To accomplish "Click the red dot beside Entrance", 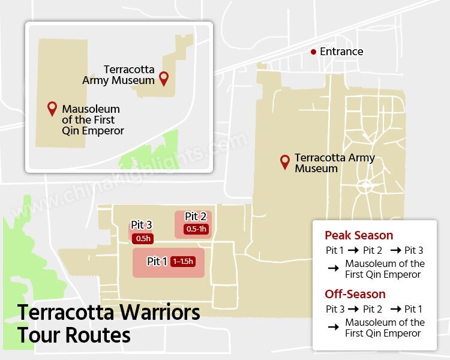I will tap(313, 52).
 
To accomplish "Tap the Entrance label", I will tap(341, 52).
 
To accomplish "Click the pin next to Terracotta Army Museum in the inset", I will tap(164, 78).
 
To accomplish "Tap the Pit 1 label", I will tap(157, 262).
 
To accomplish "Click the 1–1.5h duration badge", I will tap(183, 262).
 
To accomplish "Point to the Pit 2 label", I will tap(196, 217).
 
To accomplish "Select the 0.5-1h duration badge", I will tap(196, 229).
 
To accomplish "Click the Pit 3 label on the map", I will tap(141, 225).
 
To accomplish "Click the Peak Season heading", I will tap(359, 235).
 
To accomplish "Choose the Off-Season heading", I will tap(355, 294).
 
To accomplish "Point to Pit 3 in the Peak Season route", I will tap(413, 250).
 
